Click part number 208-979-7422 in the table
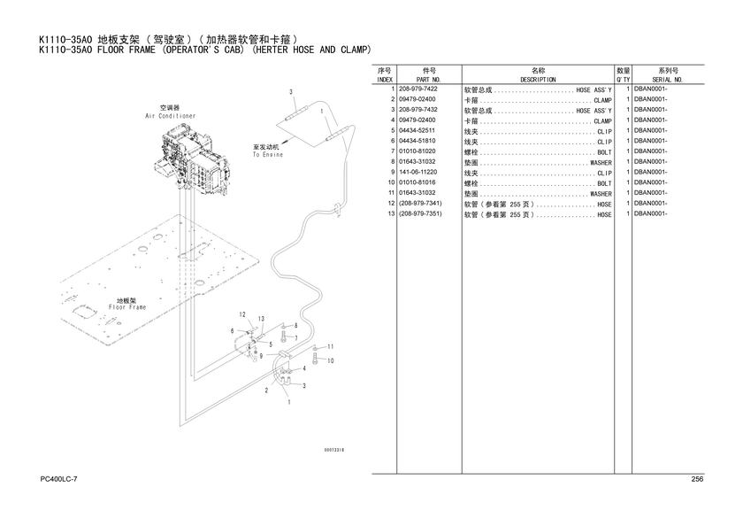tap(417, 89)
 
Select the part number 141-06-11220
tap(417, 172)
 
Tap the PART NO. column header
tap(429, 80)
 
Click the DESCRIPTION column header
tap(538, 80)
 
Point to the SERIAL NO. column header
tap(668, 80)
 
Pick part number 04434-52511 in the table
tap(417, 130)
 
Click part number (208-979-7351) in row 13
tap(420, 214)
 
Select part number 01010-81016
tap(417, 182)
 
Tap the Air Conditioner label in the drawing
tap(170, 116)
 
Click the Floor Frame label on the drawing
tap(127, 307)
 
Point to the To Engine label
tap(268, 155)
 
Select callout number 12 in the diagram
tap(242, 314)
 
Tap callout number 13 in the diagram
tap(261, 319)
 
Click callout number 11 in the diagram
tap(331, 347)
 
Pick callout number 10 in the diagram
tap(331, 361)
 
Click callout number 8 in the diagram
tap(296, 326)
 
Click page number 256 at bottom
tap(697, 479)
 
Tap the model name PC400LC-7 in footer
tap(58, 479)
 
